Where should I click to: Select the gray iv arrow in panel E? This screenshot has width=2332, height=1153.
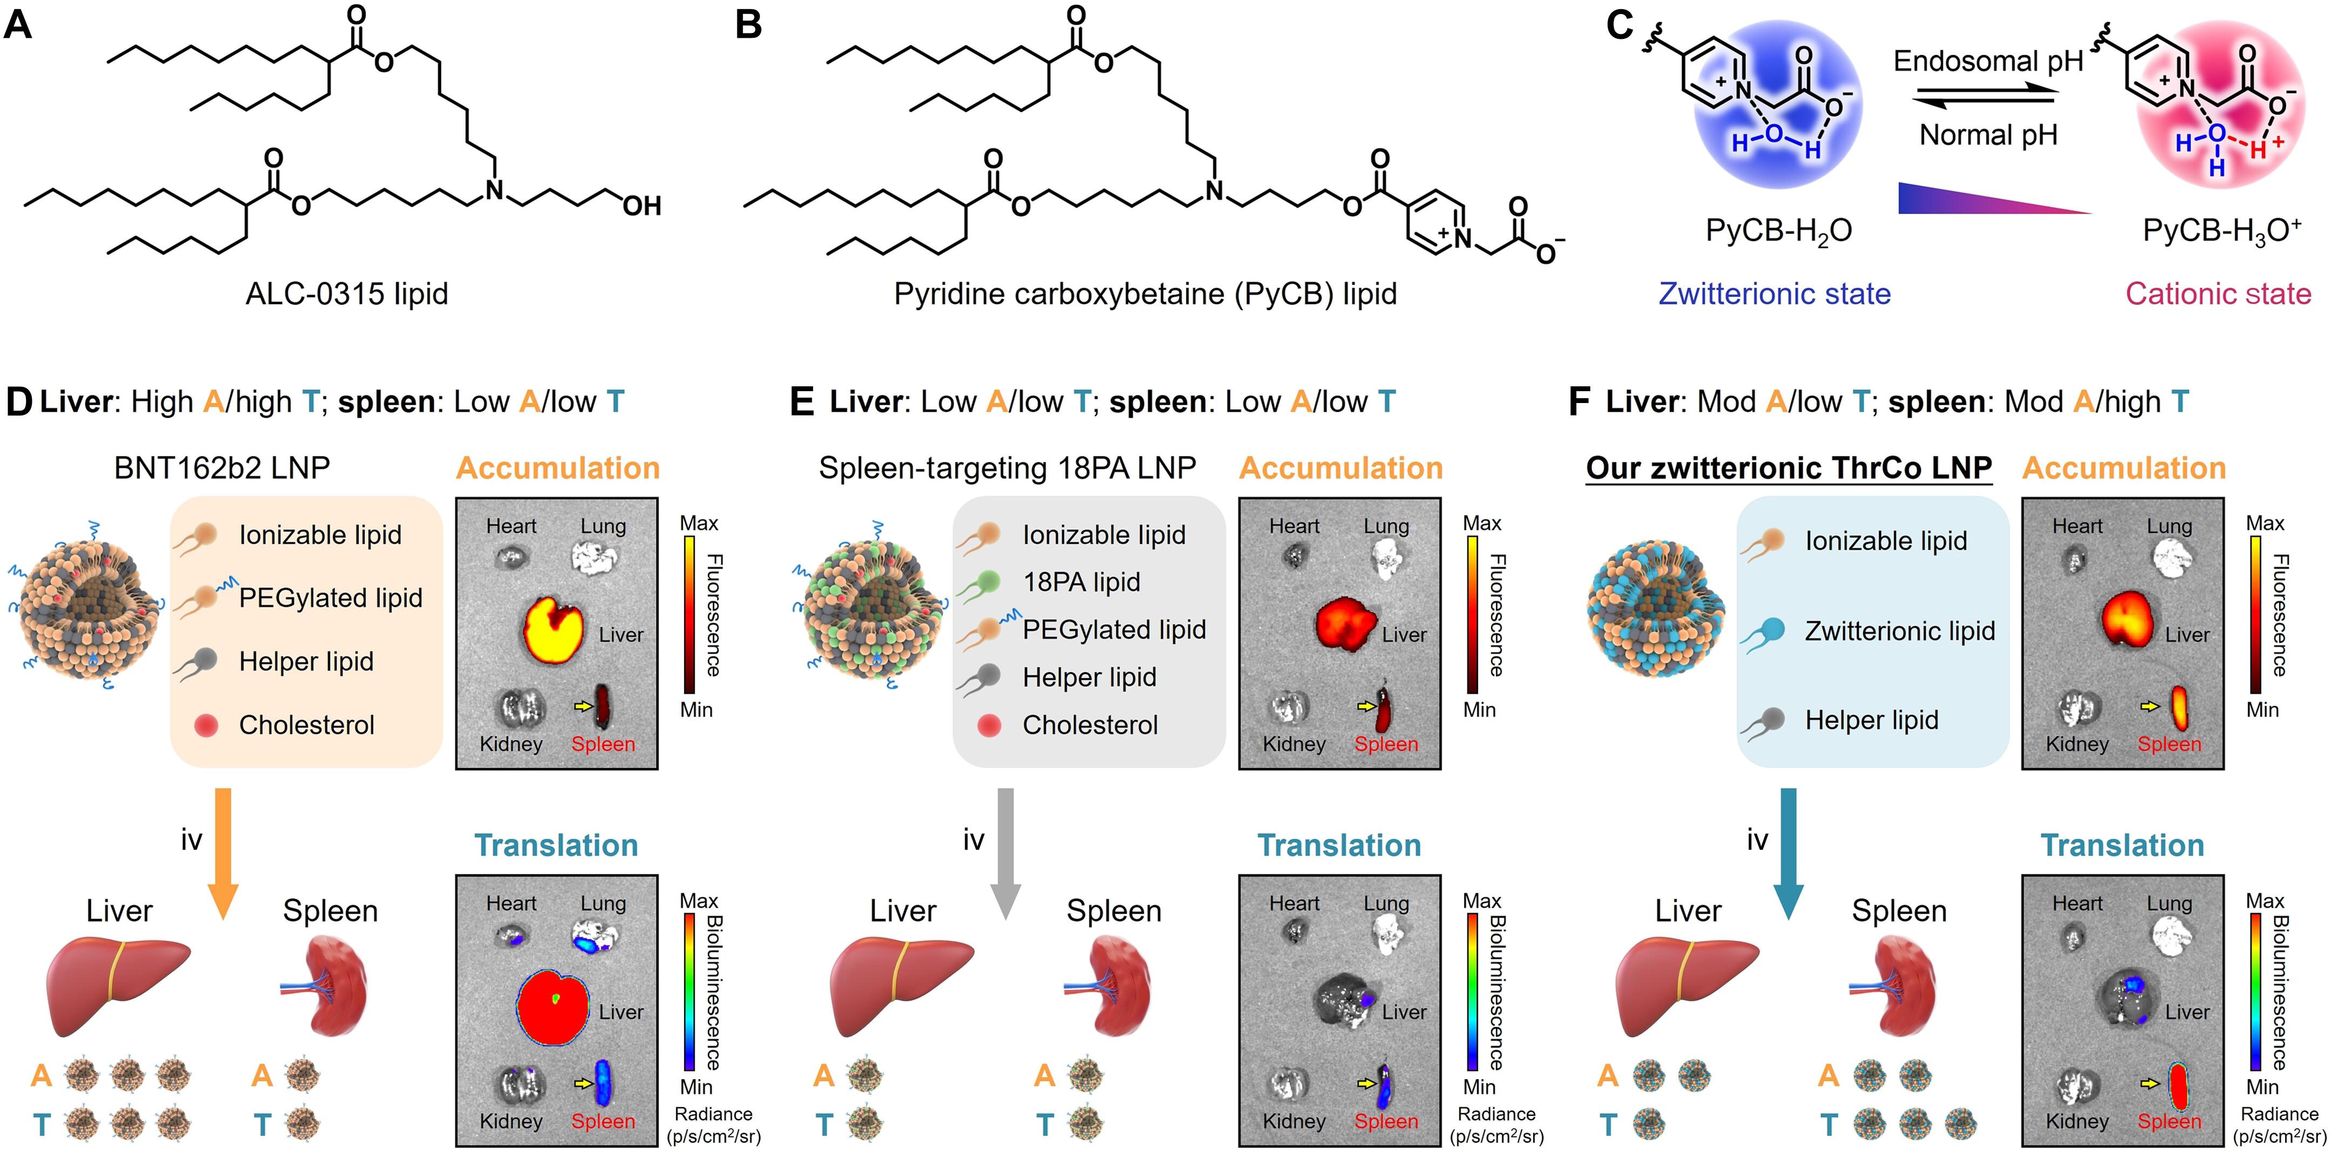tap(1005, 851)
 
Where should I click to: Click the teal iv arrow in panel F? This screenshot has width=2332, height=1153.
tap(1788, 851)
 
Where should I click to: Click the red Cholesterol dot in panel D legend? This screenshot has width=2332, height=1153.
tap(206, 725)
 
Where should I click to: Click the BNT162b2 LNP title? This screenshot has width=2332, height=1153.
tap(222, 468)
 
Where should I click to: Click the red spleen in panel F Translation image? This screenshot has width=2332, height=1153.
tap(2178, 1086)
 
